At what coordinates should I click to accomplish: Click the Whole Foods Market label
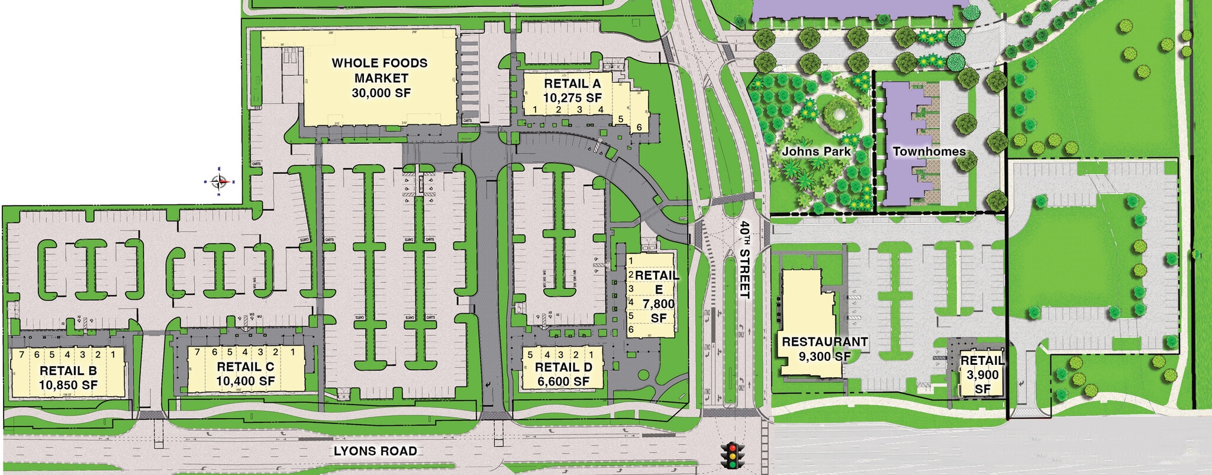pyautogui.click(x=379, y=70)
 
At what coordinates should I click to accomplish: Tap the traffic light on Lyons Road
pyautogui.click(x=733, y=455)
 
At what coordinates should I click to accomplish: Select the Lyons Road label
pyautogui.click(x=375, y=451)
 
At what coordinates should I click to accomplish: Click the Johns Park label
pyautogui.click(x=816, y=151)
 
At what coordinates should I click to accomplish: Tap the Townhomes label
pyautogui.click(x=929, y=152)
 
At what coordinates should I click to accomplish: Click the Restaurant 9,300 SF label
pyautogui.click(x=824, y=349)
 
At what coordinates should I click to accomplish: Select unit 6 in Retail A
pyautogui.click(x=639, y=127)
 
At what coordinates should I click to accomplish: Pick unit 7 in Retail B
pyautogui.click(x=22, y=355)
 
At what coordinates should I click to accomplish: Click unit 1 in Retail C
pyautogui.click(x=292, y=352)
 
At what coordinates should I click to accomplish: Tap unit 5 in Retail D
pyautogui.click(x=530, y=355)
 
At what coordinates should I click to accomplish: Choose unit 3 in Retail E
pyautogui.click(x=631, y=288)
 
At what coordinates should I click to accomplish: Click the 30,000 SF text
pyautogui.click(x=381, y=93)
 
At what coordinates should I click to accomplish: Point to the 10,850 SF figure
pyautogui.click(x=69, y=384)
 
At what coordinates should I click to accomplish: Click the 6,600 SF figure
pyautogui.click(x=563, y=381)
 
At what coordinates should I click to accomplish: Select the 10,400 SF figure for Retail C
pyautogui.click(x=246, y=381)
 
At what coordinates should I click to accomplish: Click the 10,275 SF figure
pyautogui.click(x=572, y=98)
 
